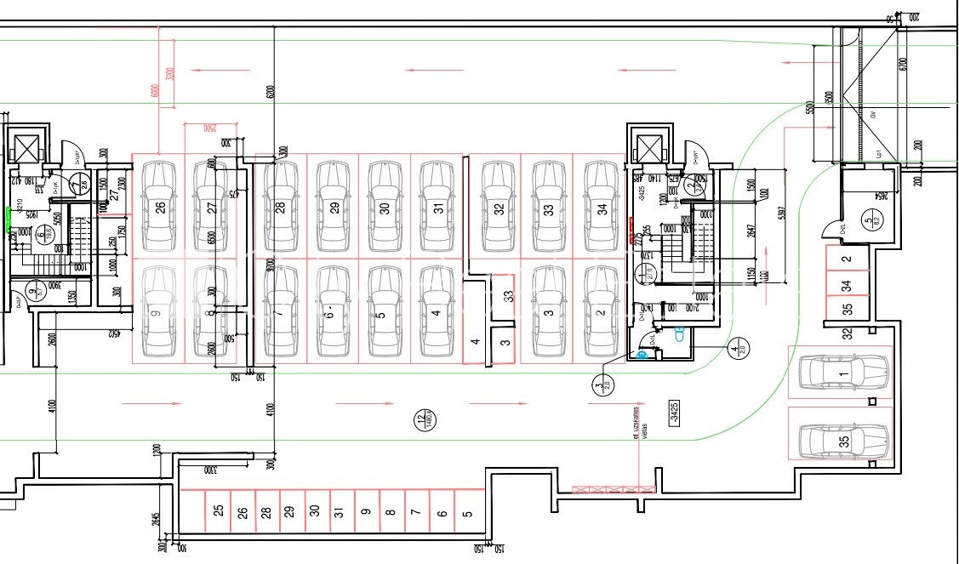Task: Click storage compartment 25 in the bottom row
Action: coord(219,511)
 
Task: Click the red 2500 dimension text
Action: coord(209,128)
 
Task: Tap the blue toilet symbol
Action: coord(679,334)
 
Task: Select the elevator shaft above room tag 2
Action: coord(650,148)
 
